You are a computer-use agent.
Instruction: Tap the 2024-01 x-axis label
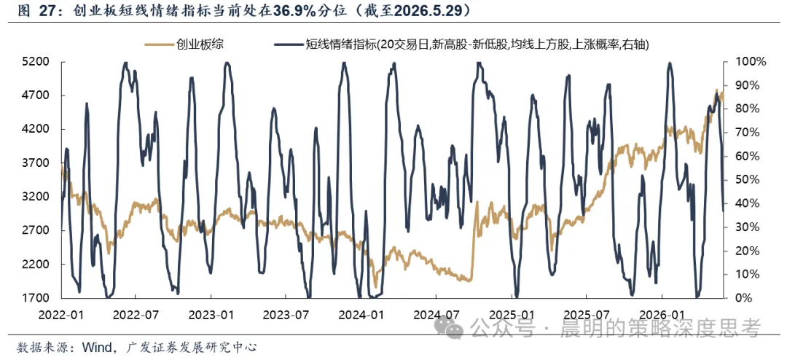361,315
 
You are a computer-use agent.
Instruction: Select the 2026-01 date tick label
662,315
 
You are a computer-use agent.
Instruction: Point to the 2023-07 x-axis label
285,315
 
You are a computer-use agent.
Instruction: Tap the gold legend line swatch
158,44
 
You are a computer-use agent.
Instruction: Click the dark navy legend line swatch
288,44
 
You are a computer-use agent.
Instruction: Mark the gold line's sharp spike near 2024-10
477,203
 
